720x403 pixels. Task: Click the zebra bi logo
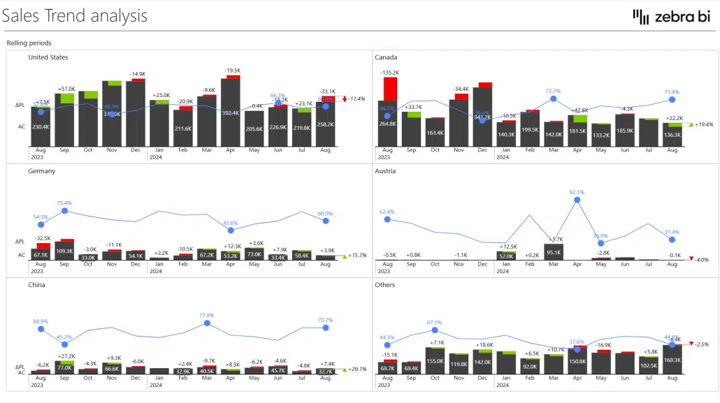click(670, 17)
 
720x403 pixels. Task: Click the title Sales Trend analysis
click(75, 15)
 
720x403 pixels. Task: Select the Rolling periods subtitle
click(29, 43)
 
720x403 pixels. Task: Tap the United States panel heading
click(48, 57)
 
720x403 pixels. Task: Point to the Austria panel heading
click(386, 171)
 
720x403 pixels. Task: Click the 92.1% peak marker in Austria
click(577, 200)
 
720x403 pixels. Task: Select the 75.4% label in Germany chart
click(64, 203)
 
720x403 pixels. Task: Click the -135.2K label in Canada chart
click(389, 73)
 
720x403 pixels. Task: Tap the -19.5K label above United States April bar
click(232, 71)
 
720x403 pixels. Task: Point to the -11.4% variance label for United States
click(357, 98)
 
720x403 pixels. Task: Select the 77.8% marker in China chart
click(206, 324)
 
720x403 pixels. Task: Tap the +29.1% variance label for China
click(357, 369)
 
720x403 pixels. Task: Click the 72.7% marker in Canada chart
click(553, 99)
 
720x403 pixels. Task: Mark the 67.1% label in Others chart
click(435, 323)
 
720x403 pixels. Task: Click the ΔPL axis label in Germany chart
click(20, 242)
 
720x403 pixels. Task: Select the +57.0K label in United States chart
click(67, 89)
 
